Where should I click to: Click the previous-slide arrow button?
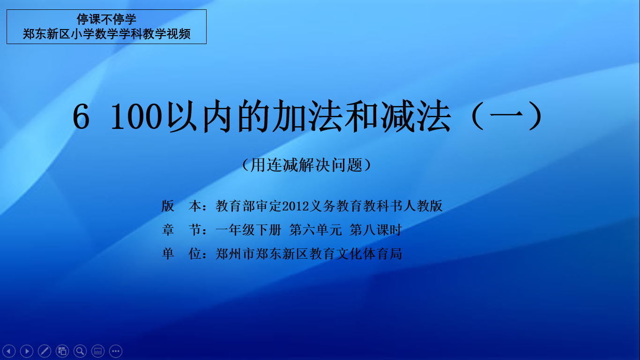tap(9, 351)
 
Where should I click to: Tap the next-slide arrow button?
tap(27, 351)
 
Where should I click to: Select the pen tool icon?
tap(45, 351)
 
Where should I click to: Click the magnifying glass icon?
tap(80, 351)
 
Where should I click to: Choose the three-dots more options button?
tap(116, 351)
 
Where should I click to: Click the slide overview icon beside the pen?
tap(62, 351)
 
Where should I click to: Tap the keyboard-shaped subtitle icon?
tap(98, 351)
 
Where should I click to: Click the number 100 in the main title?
tap(136, 117)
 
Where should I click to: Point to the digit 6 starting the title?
tap(81, 117)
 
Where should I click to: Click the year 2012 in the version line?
tap(296, 206)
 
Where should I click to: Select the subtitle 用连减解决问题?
tap(306, 165)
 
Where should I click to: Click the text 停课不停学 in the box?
tap(106, 19)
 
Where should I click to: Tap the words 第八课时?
tap(376, 230)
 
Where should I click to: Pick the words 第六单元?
tap(315, 230)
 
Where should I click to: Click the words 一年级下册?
tap(248, 230)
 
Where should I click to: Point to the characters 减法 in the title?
tap(416, 116)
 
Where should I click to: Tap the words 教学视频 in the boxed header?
tap(167, 34)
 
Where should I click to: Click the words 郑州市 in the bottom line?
tap(235, 254)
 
